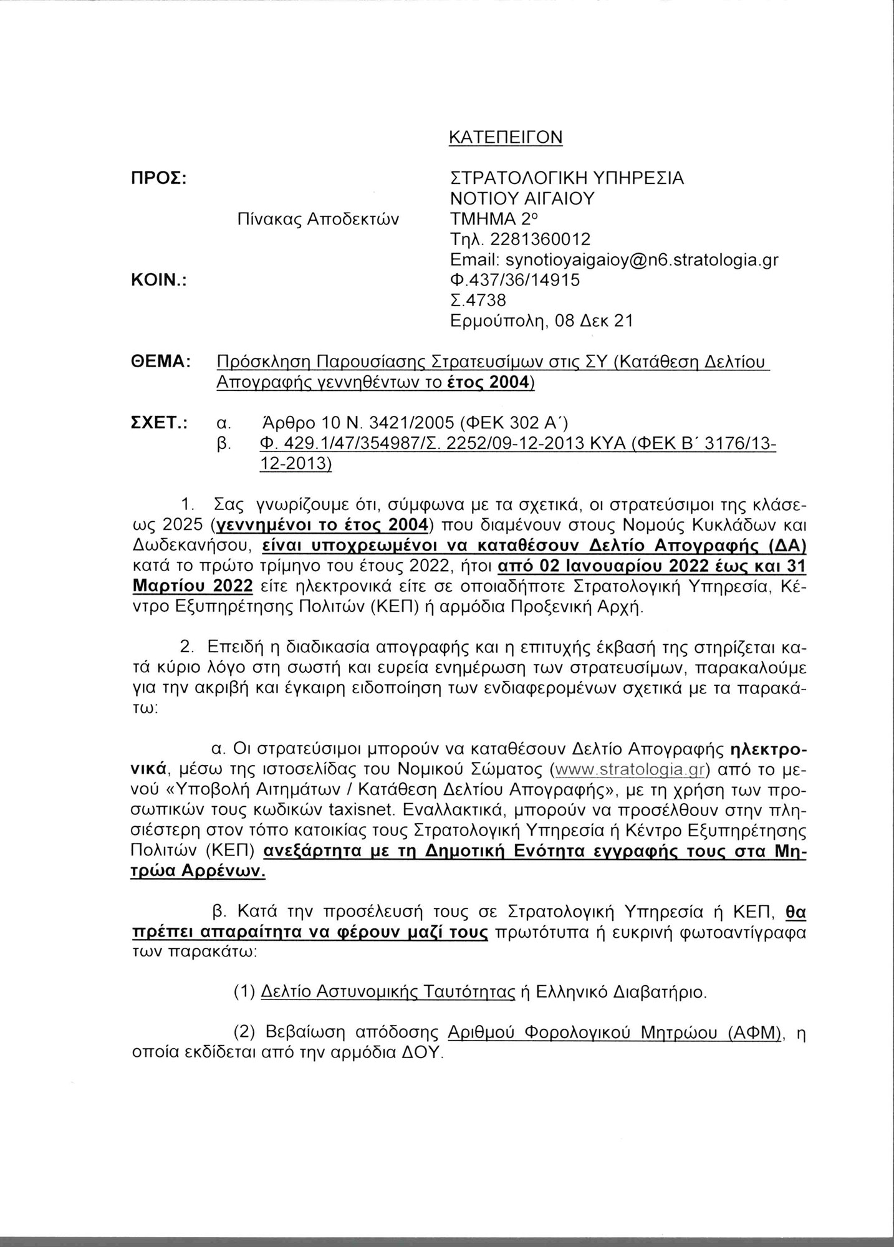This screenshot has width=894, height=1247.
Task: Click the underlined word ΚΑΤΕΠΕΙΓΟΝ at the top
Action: click(506, 137)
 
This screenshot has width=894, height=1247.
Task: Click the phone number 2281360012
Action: click(541, 239)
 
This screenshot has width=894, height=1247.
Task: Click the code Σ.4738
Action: click(479, 301)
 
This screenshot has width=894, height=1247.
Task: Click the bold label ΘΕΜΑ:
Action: click(159, 362)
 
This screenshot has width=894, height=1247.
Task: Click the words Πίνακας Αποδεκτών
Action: click(317, 219)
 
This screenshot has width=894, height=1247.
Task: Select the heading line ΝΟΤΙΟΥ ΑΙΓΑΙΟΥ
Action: click(522, 199)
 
